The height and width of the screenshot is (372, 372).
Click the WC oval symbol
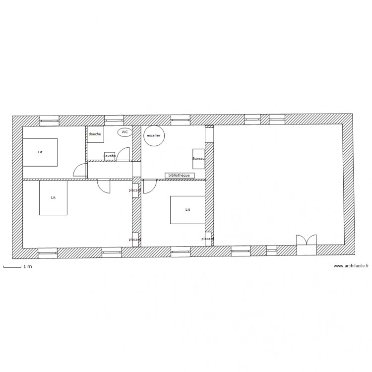(x=124, y=132)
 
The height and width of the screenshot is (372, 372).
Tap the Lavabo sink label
(x=110, y=156)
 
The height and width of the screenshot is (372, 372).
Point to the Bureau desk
(x=198, y=159)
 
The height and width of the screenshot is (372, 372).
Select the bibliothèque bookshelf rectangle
(x=179, y=176)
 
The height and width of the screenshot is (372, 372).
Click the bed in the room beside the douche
(x=40, y=152)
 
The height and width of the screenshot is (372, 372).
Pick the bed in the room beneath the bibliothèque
(x=187, y=210)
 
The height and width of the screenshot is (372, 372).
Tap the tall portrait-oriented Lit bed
(x=53, y=197)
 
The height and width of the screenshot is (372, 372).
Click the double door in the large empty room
(x=306, y=241)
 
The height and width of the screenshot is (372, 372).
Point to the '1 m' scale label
(x=28, y=267)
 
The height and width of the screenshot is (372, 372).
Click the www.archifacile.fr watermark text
(x=351, y=266)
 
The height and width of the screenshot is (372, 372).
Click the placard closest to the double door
(x=208, y=239)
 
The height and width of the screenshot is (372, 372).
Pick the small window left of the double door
(x=271, y=249)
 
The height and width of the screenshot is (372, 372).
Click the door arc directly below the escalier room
(x=149, y=186)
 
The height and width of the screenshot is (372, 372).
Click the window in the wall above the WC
(x=114, y=120)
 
